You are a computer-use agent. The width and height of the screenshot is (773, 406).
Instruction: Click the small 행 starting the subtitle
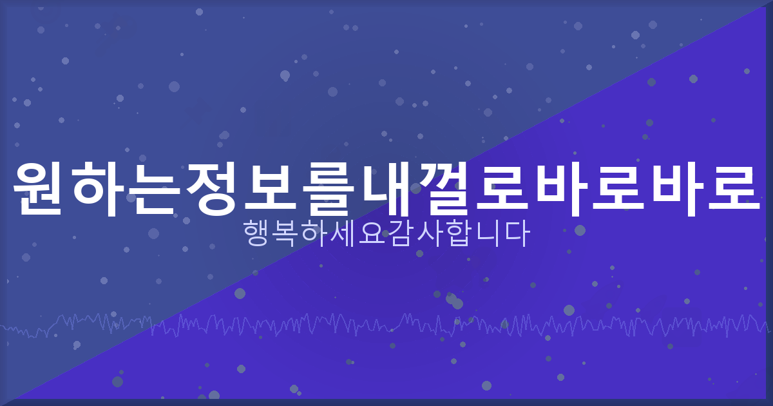point(258,235)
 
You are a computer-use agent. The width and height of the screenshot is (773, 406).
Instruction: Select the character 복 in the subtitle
point(287,235)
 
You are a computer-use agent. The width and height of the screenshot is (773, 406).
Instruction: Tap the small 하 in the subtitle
point(315,235)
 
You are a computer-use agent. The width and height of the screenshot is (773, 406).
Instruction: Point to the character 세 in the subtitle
point(343,235)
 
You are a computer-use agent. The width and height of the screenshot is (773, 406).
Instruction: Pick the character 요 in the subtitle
point(372,235)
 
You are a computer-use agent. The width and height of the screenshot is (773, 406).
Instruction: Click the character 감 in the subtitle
point(401,235)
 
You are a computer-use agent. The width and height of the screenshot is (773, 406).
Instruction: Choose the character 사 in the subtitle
point(430,235)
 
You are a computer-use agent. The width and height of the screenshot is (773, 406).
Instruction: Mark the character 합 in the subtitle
point(458,235)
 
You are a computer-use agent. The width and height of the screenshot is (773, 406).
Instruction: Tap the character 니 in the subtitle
point(487,235)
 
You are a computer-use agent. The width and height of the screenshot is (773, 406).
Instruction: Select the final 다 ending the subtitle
point(516,235)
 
